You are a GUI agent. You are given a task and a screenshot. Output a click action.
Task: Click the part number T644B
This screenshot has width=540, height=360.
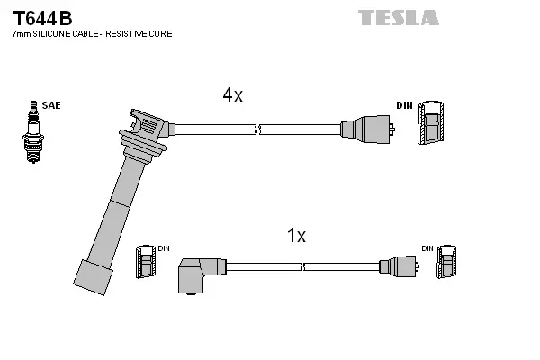click(41, 17)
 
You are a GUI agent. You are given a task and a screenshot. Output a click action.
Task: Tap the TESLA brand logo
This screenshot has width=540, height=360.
click(398, 17)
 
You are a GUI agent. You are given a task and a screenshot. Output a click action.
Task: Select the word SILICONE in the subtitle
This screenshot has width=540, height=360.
click(55, 33)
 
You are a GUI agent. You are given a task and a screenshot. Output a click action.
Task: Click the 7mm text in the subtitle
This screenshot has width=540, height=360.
click(20, 33)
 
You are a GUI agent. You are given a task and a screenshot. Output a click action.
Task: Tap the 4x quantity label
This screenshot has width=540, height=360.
click(232, 94)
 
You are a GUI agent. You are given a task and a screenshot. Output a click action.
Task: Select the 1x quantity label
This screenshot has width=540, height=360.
click(296, 236)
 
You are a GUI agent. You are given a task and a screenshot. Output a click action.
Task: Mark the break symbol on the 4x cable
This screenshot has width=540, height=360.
click(258, 130)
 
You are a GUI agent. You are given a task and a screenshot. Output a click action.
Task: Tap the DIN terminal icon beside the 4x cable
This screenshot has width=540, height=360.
click(432, 121)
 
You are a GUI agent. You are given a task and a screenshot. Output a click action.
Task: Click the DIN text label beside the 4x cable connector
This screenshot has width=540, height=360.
click(405, 105)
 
